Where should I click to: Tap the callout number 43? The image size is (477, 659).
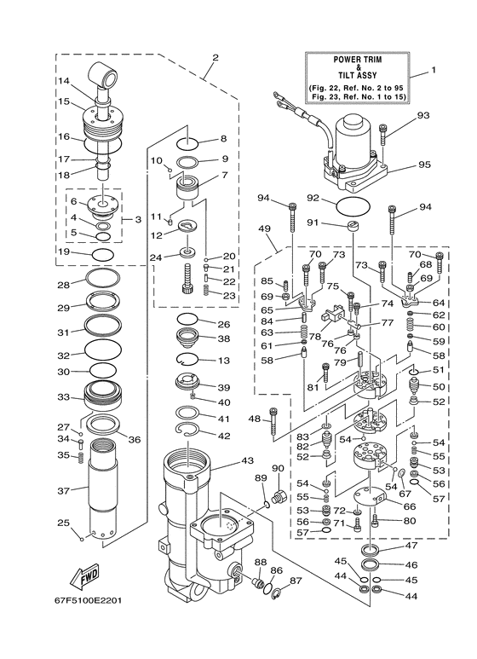coord(248,460)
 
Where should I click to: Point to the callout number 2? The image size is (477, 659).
coord(216,58)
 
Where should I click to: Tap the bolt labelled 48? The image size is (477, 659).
coord(273,424)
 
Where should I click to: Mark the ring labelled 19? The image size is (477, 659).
coord(101,254)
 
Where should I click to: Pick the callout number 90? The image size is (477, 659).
coord(278,468)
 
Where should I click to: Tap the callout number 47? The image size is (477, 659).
coord(411,546)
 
